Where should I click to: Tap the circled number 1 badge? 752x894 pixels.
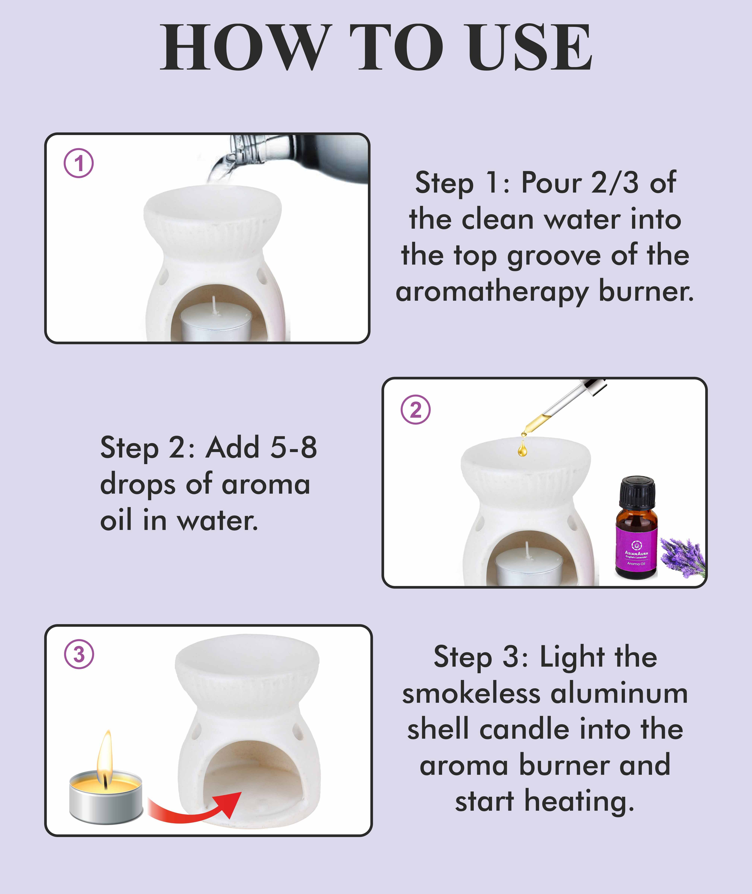[79, 163]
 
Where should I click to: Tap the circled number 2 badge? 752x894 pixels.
[416, 410]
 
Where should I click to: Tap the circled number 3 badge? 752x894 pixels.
[79, 654]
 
